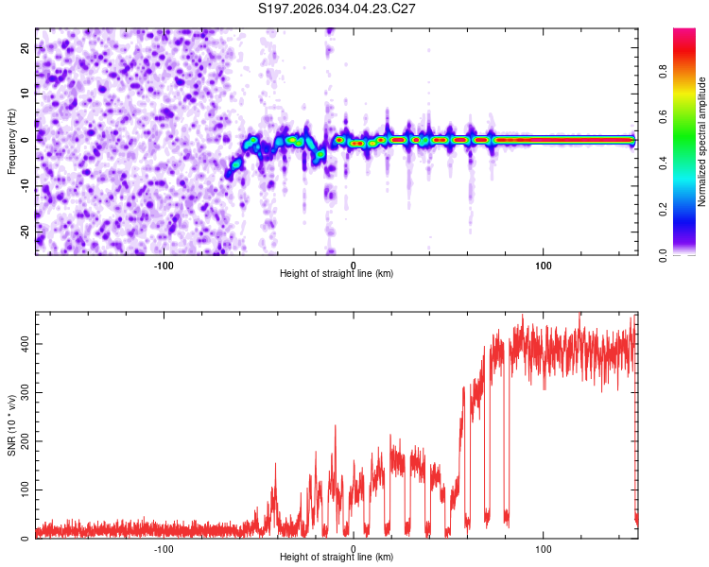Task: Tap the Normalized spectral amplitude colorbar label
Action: (x=702, y=142)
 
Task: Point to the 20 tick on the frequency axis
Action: (x=25, y=47)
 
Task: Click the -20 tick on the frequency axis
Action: (x=23, y=232)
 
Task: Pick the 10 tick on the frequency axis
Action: (x=25, y=94)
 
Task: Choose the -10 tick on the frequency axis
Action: (x=23, y=185)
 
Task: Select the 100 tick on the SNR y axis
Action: (x=21, y=490)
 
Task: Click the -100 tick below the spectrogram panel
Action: (x=163, y=264)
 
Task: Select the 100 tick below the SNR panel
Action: (x=544, y=548)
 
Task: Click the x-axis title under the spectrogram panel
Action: (x=337, y=274)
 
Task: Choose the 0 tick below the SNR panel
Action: (x=354, y=548)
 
